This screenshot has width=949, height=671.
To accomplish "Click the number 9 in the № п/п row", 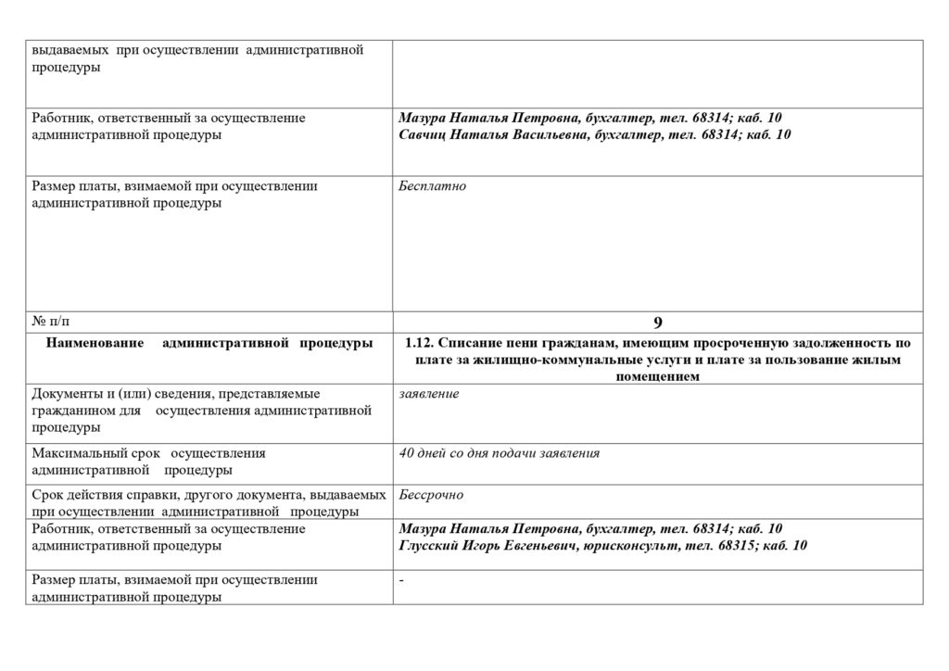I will [657, 323].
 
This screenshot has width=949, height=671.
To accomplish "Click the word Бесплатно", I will [432, 186].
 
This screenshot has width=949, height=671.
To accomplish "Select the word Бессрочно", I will [431, 495].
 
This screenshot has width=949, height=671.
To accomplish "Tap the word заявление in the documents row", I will [428, 394].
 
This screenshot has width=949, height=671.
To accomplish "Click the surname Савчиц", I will [424, 135].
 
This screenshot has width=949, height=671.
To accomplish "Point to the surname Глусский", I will [429, 546].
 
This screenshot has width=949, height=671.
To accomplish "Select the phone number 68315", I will [737, 546].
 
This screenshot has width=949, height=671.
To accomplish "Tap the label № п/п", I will [50, 322].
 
